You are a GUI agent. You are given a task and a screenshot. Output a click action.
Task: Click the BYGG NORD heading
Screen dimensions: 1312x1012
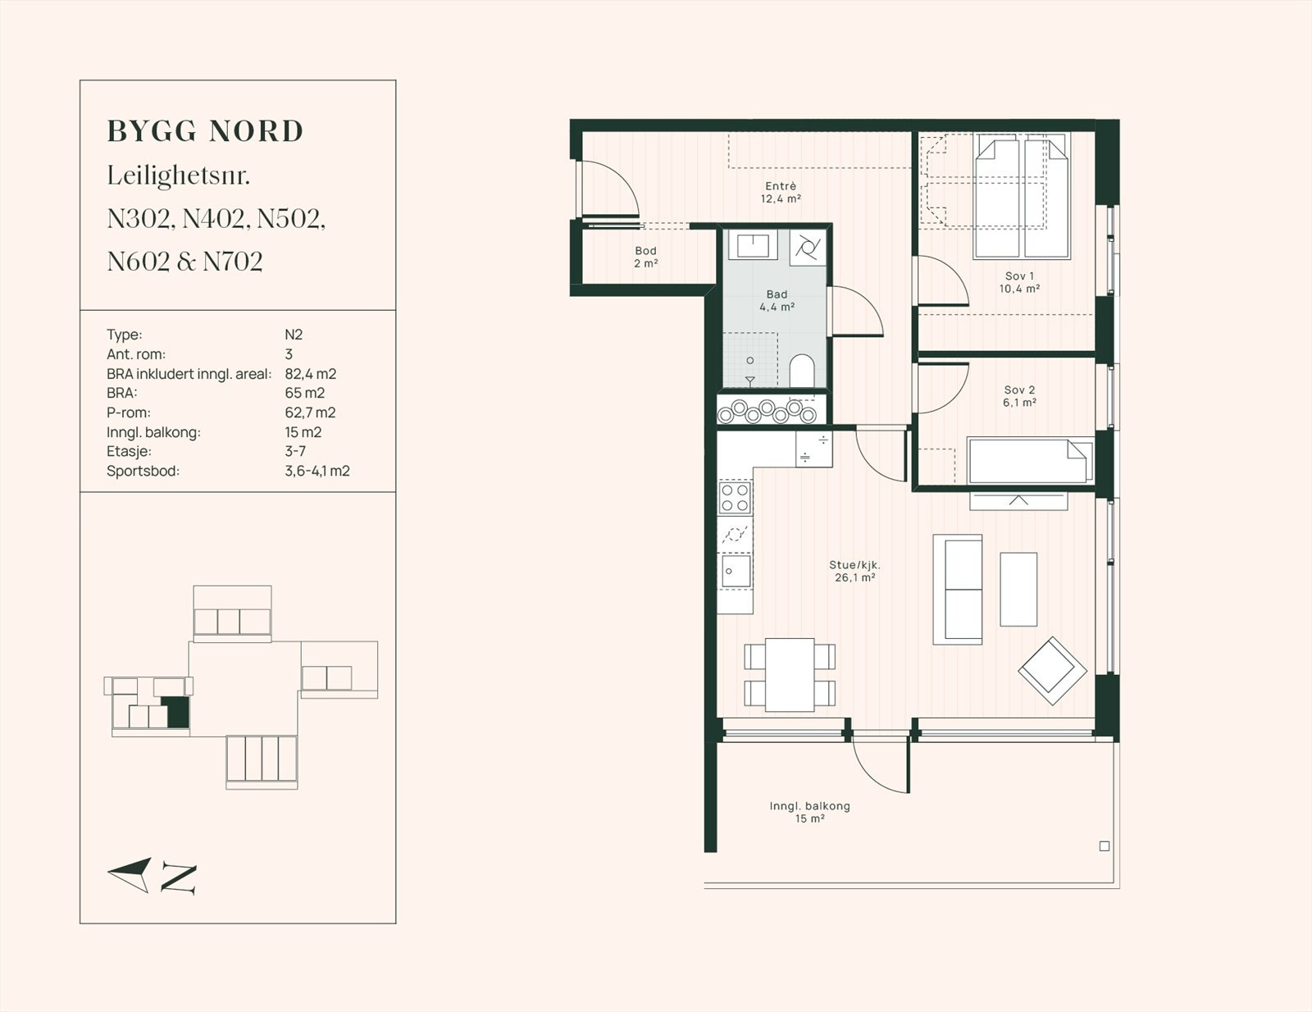205,132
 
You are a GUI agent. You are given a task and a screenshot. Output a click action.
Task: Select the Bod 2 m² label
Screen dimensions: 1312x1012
645,257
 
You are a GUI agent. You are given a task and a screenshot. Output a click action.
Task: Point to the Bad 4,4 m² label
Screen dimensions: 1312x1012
777,300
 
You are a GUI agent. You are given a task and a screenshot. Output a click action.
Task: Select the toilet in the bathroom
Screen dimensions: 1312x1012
802,370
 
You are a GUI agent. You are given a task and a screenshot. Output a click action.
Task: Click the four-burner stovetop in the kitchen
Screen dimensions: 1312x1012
735,498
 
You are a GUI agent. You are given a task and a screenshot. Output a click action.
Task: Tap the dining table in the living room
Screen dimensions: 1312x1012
790,674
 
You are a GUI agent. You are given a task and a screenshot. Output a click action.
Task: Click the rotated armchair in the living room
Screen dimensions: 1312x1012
1052,671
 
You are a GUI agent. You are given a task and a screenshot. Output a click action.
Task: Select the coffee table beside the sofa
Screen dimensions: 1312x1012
1018,590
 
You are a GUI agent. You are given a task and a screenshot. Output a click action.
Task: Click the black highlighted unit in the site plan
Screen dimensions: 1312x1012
178,712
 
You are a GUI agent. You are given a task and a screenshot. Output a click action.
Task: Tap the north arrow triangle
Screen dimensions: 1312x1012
130,874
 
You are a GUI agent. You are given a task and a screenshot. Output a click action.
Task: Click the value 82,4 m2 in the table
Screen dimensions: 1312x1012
310,374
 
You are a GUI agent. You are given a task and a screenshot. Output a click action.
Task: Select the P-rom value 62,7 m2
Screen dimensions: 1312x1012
310,413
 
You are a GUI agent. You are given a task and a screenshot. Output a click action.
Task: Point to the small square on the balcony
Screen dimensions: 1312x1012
1105,846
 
